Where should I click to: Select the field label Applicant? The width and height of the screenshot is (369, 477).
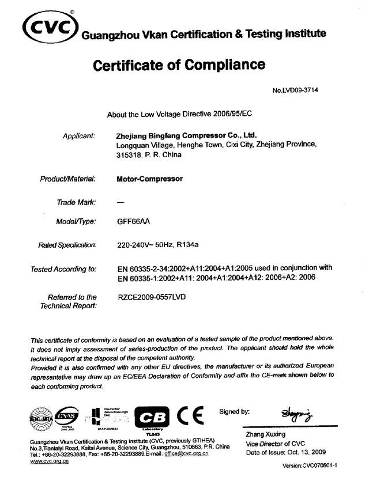pos(78,136)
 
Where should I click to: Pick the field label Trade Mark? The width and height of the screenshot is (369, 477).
pos(76,202)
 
